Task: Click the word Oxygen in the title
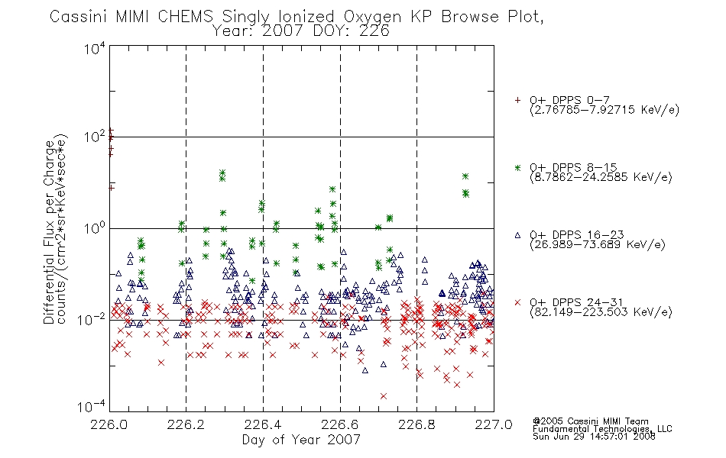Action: pyautogui.click(x=374, y=17)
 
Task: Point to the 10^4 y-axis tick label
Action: pyautogui.click(x=94, y=48)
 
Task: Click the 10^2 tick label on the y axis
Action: pyautogui.click(x=94, y=137)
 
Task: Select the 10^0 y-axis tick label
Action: pyautogui.click(x=94, y=229)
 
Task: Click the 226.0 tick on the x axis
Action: pyautogui.click(x=110, y=424)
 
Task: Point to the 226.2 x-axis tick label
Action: pyautogui.click(x=186, y=424)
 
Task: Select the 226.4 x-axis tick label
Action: pyautogui.click(x=263, y=424)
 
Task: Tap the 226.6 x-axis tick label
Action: pyautogui.click(x=340, y=424)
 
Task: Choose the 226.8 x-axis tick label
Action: pyautogui.click(x=416, y=424)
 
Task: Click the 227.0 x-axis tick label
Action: pyautogui.click(x=494, y=424)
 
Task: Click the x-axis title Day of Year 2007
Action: pyautogui.click(x=301, y=440)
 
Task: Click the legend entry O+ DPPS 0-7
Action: pyautogui.click(x=569, y=101)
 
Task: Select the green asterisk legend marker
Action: pyautogui.click(x=517, y=168)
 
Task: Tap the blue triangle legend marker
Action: pyautogui.click(x=517, y=235)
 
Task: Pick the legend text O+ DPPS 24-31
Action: pyautogui.click(x=576, y=302)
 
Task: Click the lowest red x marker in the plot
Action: pyautogui.click(x=384, y=396)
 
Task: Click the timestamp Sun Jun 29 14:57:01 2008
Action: pyautogui.click(x=594, y=437)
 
